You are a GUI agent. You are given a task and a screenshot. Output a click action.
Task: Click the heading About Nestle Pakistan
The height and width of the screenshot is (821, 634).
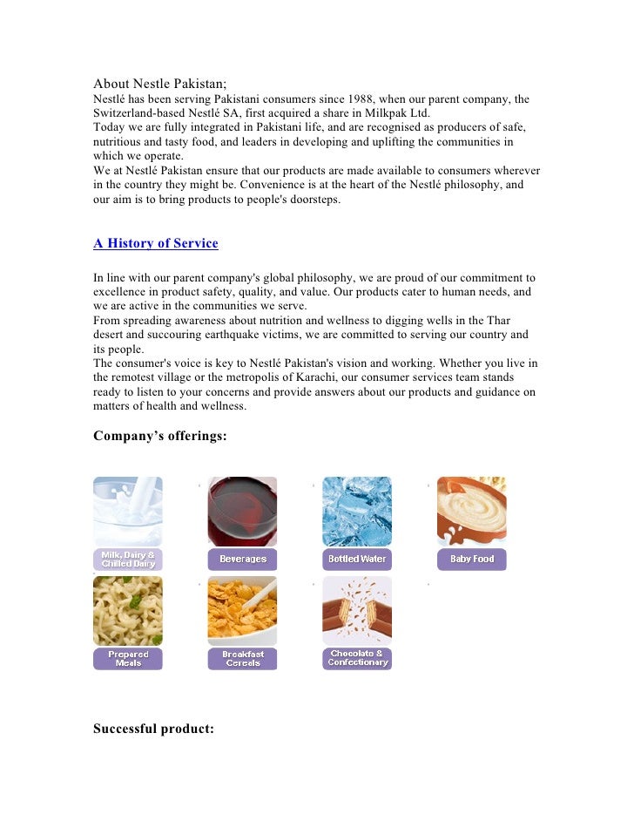click(x=160, y=84)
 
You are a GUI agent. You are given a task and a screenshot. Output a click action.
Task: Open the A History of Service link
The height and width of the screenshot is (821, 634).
click(x=156, y=243)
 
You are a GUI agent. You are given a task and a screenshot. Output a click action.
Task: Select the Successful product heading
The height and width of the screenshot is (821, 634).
click(x=153, y=729)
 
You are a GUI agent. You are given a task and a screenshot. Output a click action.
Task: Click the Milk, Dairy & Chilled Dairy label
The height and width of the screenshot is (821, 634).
click(x=128, y=560)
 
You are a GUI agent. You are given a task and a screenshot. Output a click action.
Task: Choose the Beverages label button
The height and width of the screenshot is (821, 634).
click(x=242, y=560)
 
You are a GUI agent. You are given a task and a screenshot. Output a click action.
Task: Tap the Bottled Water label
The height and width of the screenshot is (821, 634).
click(x=357, y=560)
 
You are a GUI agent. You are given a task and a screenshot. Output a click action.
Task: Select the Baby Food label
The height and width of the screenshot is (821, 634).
click(x=471, y=560)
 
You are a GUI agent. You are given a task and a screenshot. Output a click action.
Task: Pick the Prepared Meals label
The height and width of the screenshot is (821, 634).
click(x=128, y=659)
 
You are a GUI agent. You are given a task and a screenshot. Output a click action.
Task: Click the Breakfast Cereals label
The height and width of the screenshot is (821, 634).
click(x=242, y=659)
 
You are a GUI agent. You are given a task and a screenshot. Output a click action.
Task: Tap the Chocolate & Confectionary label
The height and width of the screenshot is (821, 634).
click(x=357, y=658)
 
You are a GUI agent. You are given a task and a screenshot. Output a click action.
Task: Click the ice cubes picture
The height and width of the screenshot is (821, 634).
click(x=357, y=511)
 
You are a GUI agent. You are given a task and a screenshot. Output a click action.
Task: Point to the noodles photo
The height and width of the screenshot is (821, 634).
click(x=128, y=611)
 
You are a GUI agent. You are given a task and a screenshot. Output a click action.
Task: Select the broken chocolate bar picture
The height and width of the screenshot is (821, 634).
click(x=357, y=610)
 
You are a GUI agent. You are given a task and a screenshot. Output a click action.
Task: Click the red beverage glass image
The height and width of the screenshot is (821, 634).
click(x=242, y=511)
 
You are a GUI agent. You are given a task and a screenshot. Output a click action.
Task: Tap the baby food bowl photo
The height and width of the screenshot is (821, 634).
click(x=471, y=511)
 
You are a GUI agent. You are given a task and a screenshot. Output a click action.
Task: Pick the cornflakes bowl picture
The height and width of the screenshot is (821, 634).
click(x=242, y=611)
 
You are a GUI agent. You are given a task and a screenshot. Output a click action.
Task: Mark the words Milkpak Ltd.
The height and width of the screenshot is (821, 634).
click(x=395, y=113)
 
